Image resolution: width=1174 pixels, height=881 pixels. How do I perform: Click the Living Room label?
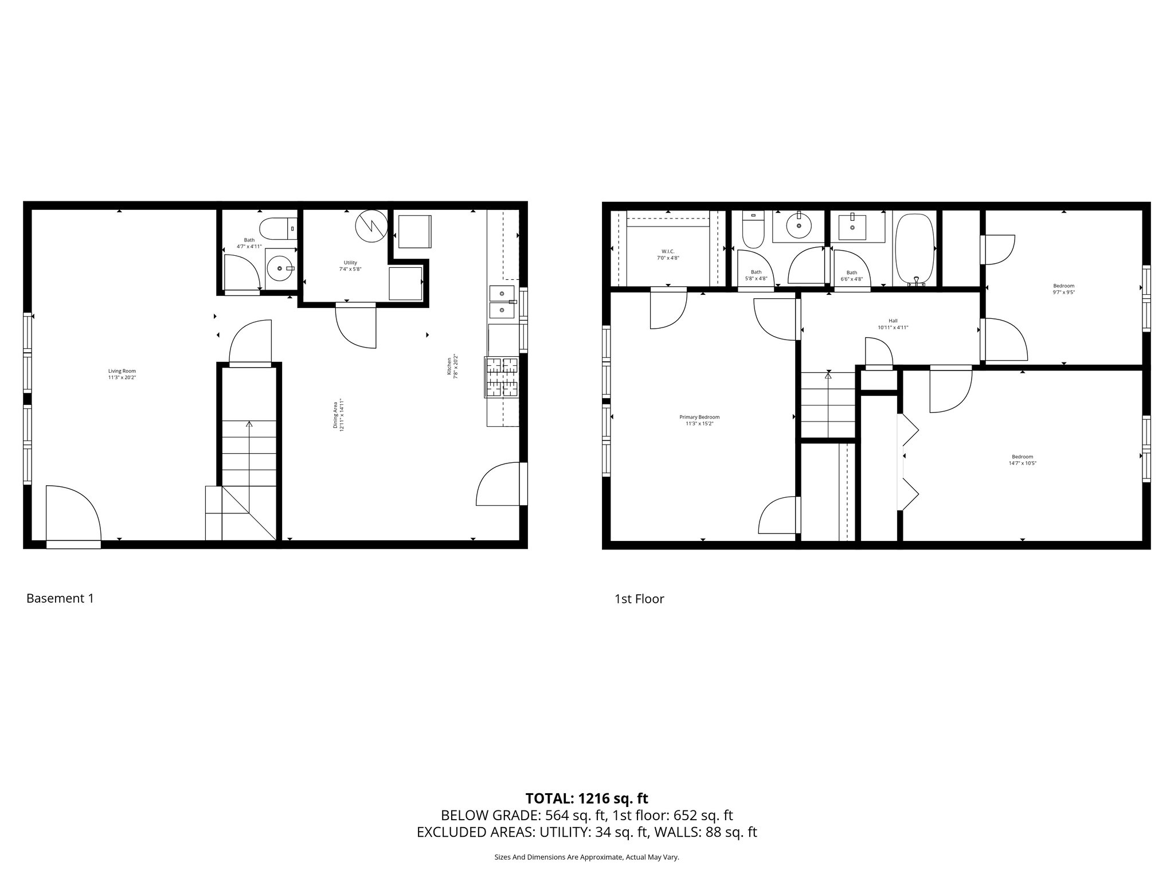[x=122, y=374]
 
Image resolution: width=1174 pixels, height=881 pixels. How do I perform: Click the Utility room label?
[x=350, y=266]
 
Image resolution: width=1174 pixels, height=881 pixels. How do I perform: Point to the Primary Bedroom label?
[x=699, y=420]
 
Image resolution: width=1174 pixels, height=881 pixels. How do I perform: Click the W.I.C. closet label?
[x=668, y=255]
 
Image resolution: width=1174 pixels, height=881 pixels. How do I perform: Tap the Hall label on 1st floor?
[x=893, y=324]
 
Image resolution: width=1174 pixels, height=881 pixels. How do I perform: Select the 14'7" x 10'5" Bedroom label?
[x=1022, y=460]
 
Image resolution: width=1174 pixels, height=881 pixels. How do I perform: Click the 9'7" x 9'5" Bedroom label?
[x=1063, y=289]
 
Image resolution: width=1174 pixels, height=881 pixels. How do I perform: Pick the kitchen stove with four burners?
[x=502, y=377]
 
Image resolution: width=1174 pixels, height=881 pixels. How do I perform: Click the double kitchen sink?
[x=502, y=302]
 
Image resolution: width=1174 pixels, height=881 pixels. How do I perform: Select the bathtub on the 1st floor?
[x=915, y=250]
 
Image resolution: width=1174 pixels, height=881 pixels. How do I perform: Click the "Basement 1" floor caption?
[x=60, y=598]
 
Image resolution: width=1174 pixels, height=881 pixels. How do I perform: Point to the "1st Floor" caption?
[x=639, y=599]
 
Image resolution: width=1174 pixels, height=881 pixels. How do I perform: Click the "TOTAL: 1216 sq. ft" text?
[x=586, y=798]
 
